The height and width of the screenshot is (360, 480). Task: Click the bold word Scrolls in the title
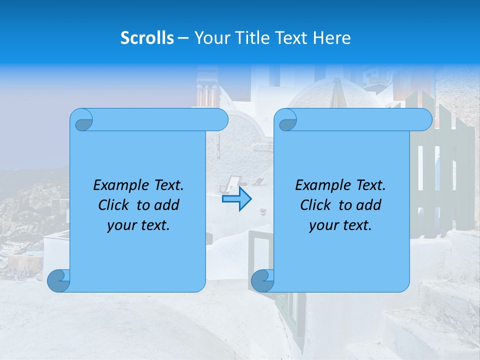pyautogui.click(x=147, y=38)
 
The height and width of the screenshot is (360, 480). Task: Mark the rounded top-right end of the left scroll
pyautogui.click(x=220, y=120)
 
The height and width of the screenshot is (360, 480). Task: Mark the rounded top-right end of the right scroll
pyautogui.click(x=424, y=120)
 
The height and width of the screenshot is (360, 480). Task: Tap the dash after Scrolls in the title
pyautogui.click(x=183, y=38)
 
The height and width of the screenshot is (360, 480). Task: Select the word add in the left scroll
pyautogui.click(x=167, y=205)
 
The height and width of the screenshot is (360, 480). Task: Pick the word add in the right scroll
pyautogui.click(x=369, y=205)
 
